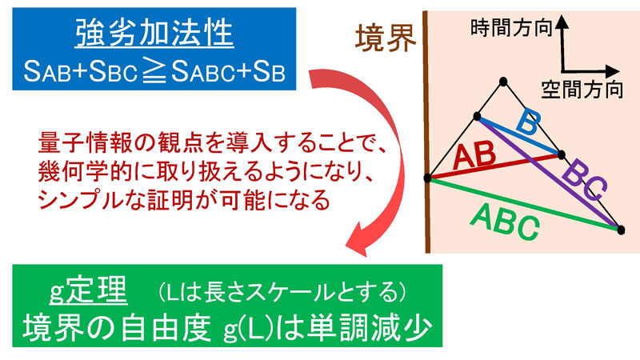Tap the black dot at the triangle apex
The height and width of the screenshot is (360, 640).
click(502, 81)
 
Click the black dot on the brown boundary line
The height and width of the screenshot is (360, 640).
click(429, 178)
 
